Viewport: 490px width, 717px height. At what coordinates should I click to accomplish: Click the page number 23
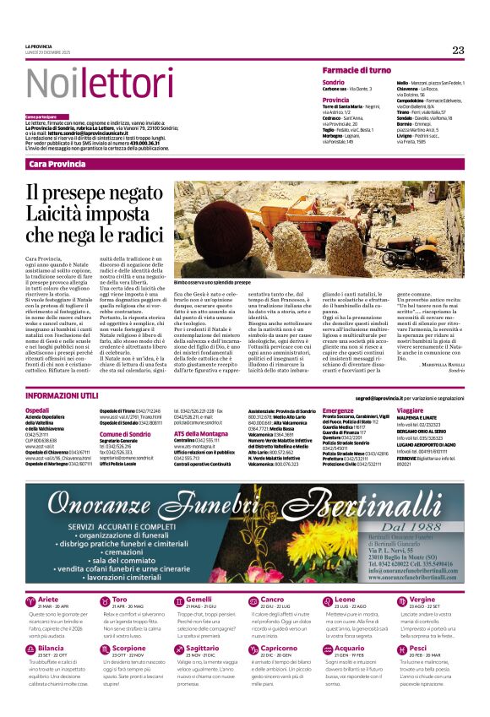click(x=458, y=50)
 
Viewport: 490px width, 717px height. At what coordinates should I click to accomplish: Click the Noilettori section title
click(x=88, y=84)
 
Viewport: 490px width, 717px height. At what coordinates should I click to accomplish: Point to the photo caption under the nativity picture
click(x=213, y=281)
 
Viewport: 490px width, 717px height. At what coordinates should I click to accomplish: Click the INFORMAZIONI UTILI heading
click(x=62, y=396)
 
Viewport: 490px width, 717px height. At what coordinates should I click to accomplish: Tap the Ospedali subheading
click(x=37, y=410)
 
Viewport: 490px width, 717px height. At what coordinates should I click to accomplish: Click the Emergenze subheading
click(x=338, y=410)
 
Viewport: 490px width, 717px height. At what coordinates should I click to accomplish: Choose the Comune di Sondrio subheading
click(x=124, y=434)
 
